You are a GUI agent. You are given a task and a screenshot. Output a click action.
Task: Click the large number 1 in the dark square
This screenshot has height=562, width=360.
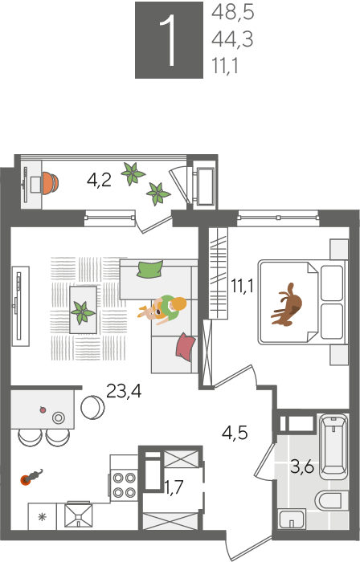coord(169,40)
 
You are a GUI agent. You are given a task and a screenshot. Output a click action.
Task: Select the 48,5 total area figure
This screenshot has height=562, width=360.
coord(233,12)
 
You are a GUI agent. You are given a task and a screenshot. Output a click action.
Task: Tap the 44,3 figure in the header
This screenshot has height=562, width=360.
coord(232,39)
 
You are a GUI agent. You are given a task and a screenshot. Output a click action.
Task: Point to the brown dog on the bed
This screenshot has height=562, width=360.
coord(288,304)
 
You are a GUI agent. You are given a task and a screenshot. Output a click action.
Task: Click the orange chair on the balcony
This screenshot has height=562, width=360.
coord(50,183)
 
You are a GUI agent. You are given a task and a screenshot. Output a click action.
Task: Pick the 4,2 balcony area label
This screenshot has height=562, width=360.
coord(99,180)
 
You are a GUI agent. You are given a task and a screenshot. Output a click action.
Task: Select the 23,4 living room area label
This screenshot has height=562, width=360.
coord(124,391)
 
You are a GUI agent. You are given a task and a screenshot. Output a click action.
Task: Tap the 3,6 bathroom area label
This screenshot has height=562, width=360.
coord(302,467)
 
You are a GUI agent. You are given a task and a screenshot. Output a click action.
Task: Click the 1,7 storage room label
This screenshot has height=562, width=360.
coord(174,487)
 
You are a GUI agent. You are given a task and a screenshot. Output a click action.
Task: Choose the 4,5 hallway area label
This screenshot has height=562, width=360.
coord(235,433)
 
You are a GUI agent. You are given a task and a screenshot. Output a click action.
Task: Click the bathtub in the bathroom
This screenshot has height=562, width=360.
coord(333,446)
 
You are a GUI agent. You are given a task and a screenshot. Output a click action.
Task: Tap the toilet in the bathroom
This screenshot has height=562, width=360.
coord(331,500)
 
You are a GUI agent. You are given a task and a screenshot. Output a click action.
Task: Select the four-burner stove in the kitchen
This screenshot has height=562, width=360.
coord(124,485)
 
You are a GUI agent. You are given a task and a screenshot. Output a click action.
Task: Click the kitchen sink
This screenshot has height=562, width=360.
coord(78,515)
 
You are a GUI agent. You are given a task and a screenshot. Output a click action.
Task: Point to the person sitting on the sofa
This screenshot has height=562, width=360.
coord(162,309)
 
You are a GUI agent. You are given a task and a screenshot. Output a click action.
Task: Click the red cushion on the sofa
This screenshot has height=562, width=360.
coord(185,347)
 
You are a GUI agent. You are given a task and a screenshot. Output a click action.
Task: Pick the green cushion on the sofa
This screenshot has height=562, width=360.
coord(149,269)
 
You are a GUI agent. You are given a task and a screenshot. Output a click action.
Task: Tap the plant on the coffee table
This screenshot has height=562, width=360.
coord(83,312)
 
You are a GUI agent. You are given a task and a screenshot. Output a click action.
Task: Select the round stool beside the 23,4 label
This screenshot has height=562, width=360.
coord(92,407)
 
